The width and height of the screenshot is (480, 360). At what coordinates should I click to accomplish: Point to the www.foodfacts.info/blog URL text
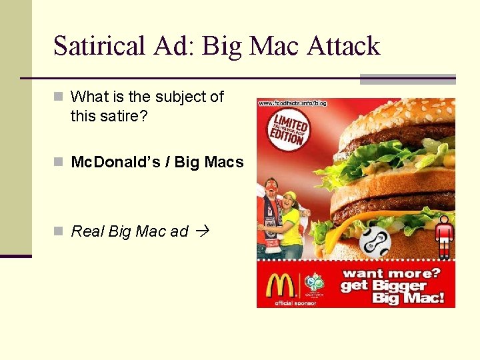tap(292, 103)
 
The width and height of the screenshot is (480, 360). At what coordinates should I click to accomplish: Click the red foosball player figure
tap(444, 234)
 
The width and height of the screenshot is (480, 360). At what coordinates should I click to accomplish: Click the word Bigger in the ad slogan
tap(399, 286)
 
